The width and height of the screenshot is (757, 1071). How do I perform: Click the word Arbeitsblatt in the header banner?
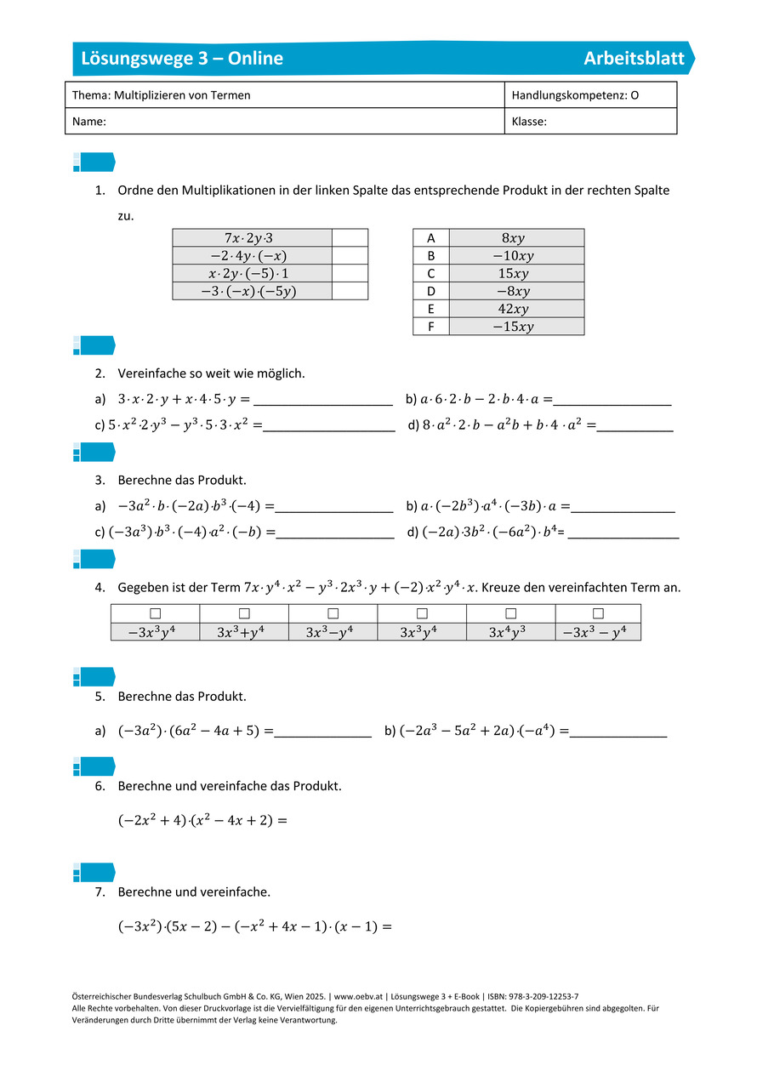(634, 59)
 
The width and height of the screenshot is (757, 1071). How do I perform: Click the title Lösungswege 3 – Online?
(182, 59)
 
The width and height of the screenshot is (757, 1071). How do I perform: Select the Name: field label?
(89, 122)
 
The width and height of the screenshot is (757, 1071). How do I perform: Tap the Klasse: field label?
(529, 122)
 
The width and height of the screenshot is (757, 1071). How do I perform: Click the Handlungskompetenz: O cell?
(575, 95)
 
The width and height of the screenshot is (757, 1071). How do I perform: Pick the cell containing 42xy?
(515, 309)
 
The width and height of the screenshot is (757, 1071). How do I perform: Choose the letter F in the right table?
(431, 327)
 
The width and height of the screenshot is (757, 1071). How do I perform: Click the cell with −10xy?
(515, 255)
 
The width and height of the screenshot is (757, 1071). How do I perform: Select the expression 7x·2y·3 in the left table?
(252, 237)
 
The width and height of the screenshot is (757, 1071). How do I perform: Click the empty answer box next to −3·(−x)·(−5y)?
(350, 291)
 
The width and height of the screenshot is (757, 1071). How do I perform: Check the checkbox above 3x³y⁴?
(422, 613)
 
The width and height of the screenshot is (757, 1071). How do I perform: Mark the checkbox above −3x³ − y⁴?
(597, 613)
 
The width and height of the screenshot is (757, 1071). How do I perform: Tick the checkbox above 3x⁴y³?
(510, 613)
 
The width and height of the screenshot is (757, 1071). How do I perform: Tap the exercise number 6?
(100, 786)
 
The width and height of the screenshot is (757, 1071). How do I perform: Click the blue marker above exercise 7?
(94, 872)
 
